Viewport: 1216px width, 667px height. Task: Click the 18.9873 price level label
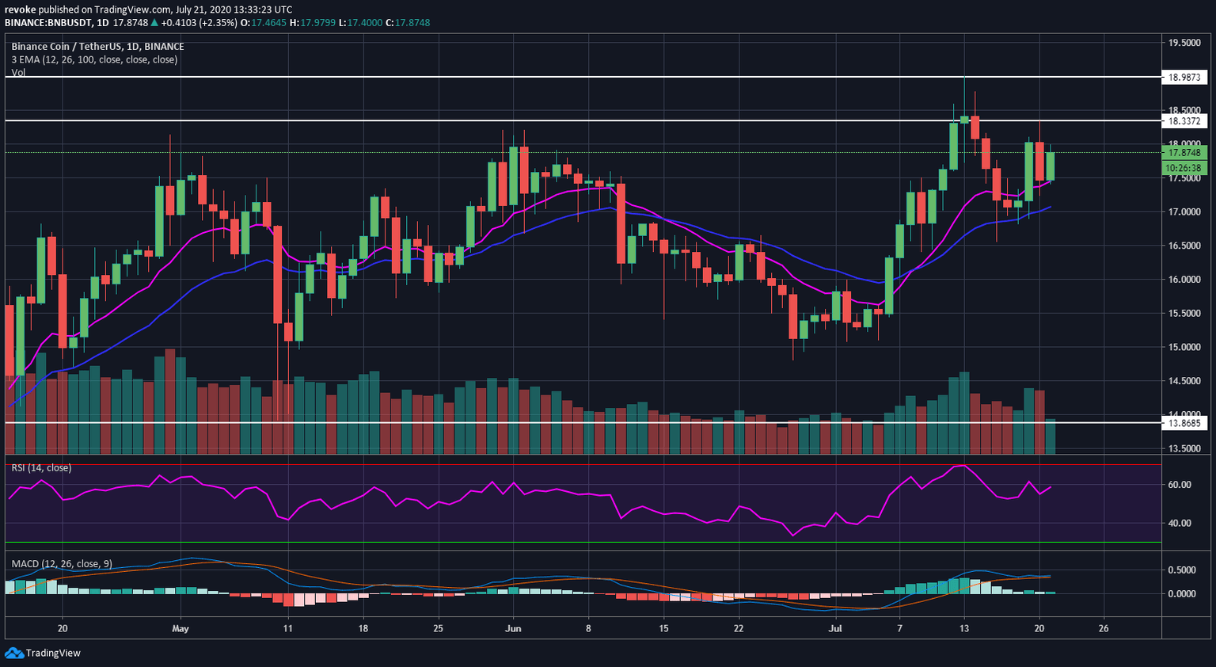coord(1184,78)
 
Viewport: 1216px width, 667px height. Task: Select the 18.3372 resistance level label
coord(1184,121)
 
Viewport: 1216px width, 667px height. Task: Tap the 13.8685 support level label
coord(1184,423)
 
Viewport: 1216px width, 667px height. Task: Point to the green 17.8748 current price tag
coord(1184,153)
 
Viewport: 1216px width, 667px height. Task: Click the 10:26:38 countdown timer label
coord(1184,168)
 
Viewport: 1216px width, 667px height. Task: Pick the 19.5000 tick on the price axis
coord(1184,43)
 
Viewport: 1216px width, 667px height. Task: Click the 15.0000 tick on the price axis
coord(1184,347)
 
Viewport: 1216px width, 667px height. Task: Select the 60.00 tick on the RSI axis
coord(1180,485)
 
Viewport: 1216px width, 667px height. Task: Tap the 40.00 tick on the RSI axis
coord(1180,523)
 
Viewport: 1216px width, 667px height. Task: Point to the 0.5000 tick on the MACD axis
coord(1182,570)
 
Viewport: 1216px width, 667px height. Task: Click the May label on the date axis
coord(180,629)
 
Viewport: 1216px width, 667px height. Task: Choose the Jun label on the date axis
coord(513,629)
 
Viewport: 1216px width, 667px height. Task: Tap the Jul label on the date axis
coord(834,629)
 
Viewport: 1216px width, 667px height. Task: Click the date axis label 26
coord(1104,629)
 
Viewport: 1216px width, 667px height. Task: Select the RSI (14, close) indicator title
coord(41,468)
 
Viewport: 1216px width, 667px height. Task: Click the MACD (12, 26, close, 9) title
coord(62,564)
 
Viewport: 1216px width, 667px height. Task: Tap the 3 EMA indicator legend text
coord(94,59)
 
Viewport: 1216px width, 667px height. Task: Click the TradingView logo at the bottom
coord(43,653)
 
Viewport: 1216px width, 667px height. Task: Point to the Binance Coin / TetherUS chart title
coord(97,47)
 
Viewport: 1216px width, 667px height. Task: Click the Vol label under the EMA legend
coord(18,72)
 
